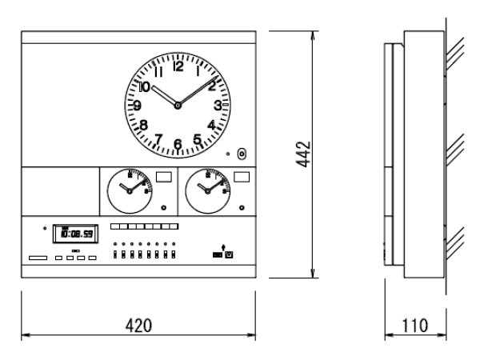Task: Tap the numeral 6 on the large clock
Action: [178, 145]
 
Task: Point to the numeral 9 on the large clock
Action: [138, 106]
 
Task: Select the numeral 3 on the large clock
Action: [217, 105]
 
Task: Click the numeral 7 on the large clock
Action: [158, 139]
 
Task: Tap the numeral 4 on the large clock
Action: [211, 125]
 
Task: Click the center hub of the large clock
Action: [178, 106]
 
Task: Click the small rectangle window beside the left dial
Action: [164, 178]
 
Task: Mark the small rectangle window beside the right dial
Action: [242, 178]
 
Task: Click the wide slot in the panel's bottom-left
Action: [38, 258]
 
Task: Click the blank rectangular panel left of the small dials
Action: [57, 190]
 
